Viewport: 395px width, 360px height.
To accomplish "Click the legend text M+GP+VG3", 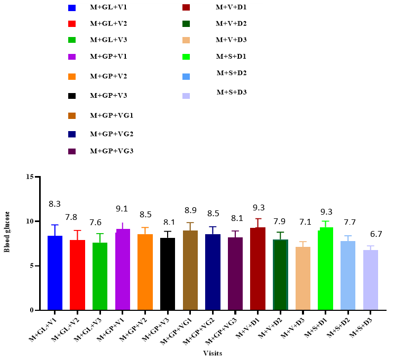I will point(112,151).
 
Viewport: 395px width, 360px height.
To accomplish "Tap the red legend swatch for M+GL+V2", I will point(73,24).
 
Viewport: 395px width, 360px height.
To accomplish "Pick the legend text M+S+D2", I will point(232,72).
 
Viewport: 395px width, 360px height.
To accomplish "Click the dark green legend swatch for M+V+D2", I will point(186,24).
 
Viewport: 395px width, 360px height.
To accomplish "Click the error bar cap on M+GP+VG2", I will point(213,227).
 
